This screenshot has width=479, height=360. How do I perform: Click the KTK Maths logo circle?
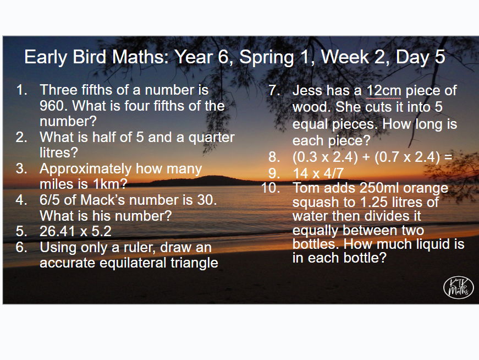coord(458,288)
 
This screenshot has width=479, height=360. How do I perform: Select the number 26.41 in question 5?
coord(60,231)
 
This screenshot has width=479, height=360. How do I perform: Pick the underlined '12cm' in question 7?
coord(385,91)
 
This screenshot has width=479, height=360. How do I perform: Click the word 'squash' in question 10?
coord(316,202)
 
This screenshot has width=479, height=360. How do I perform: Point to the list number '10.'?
coord(271,188)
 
